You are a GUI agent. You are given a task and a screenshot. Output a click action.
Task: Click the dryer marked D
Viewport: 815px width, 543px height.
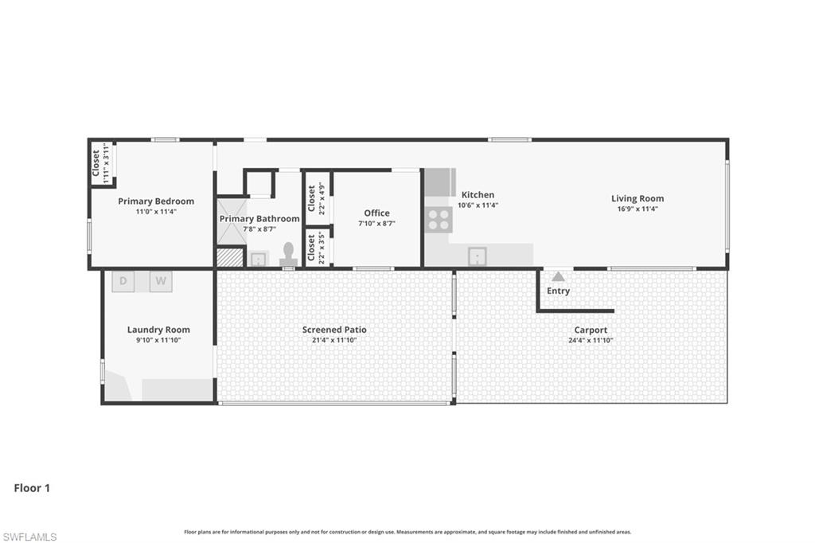pos(123,281)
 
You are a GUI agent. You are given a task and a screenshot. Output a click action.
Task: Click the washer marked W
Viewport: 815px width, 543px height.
pos(161,281)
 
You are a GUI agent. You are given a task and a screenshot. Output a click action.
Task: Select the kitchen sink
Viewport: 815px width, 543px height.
pos(476,256)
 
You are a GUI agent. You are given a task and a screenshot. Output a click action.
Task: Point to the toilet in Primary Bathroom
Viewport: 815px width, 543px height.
pos(288,254)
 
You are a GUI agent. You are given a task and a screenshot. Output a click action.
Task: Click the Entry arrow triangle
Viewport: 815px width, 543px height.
pos(559,277)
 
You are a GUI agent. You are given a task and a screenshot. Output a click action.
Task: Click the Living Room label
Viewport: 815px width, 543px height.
pos(637,198)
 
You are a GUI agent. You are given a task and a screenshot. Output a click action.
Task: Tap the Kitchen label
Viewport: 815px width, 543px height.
pos(478,194)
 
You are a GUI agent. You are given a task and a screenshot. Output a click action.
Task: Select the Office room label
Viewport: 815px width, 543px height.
pos(376,213)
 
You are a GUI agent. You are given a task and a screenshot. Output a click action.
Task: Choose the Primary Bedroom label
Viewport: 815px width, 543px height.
pos(156,201)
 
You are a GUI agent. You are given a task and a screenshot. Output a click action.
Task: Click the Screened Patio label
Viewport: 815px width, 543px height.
pos(334,330)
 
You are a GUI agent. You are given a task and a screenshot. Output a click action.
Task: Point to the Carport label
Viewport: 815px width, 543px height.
pos(591,330)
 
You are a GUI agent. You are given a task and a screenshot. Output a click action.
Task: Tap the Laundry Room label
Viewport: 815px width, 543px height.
pos(158,330)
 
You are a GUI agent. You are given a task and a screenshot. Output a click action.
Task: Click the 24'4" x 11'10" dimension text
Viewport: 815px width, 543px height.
pos(591,340)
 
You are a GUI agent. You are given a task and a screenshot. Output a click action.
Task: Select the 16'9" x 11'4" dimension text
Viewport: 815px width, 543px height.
pos(637,209)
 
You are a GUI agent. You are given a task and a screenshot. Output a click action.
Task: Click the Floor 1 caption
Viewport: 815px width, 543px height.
pos(32,488)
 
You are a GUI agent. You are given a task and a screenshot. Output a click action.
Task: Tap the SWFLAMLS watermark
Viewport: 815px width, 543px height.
pos(29,537)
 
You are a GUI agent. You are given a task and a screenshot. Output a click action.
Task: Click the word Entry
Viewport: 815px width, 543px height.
pos(558,291)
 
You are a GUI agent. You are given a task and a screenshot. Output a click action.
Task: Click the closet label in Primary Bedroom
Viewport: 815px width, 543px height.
pos(96,163)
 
